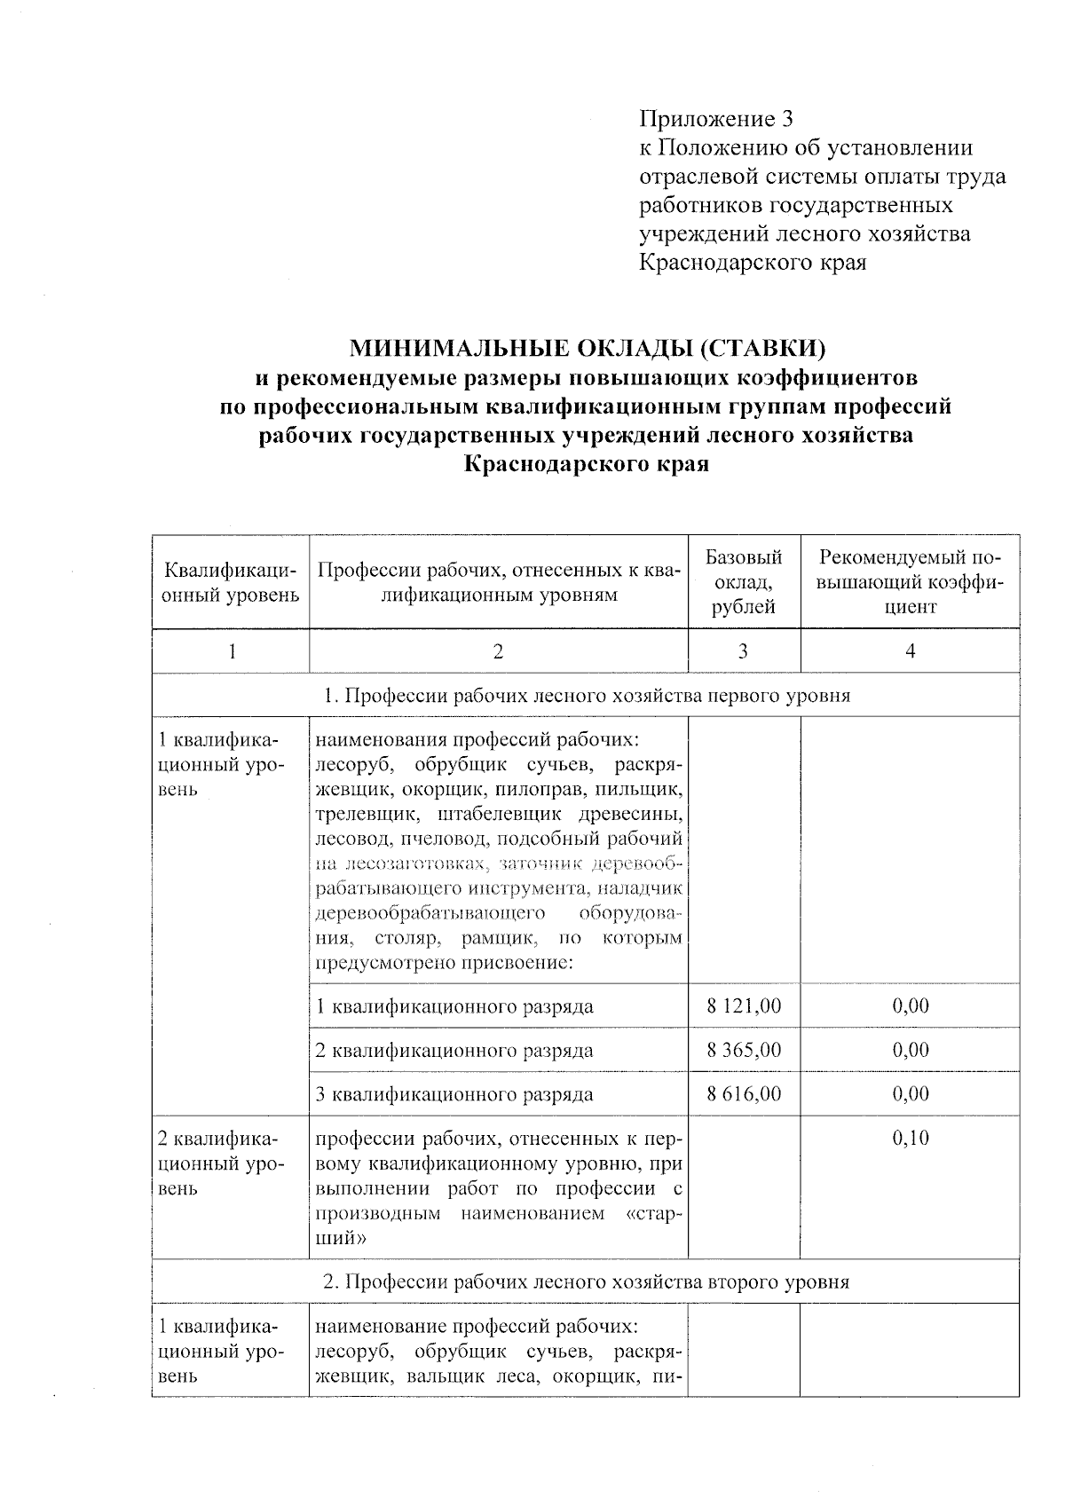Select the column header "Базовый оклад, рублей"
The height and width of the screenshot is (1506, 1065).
click(744, 582)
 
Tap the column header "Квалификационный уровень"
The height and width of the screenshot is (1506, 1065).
click(231, 582)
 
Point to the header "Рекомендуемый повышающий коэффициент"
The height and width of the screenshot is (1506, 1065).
click(910, 582)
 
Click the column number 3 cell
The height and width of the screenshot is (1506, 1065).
click(743, 651)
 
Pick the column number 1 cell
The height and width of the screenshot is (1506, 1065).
click(232, 651)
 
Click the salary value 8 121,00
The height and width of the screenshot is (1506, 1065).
click(744, 1006)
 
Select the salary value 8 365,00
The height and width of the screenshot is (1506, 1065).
click(744, 1050)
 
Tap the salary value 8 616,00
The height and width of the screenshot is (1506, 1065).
click(744, 1093)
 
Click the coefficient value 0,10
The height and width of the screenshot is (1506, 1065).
click(911, 1139)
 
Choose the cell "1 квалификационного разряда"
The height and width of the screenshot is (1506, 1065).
click(455, 1006)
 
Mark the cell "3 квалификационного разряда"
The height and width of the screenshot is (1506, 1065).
click(455, 1093)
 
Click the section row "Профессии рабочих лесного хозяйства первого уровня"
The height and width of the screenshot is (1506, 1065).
click(586, 695)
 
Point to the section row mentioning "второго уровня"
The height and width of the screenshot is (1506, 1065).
click(586, 1281)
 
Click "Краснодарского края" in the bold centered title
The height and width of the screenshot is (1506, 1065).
click(586, 463)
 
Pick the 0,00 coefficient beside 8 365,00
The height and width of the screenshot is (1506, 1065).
click(911, 1050)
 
